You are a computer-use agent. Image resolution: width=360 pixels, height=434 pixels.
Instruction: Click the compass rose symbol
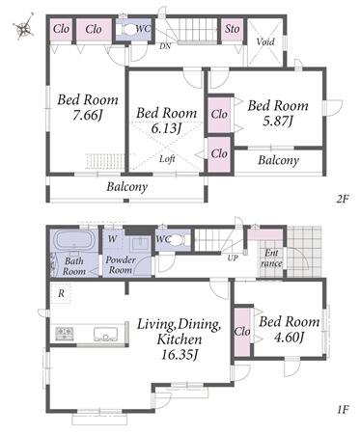tap(24, 26)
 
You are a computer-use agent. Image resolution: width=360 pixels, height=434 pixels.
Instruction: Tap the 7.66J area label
tap(87, 116)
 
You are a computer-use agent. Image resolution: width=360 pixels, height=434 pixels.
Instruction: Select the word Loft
tap(167, 159)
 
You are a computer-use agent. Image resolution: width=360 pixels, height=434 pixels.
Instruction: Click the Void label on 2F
tap(265, 41)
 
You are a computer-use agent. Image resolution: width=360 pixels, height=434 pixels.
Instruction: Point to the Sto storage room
tap(232, 30)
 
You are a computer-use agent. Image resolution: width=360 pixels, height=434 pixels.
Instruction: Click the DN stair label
tap(165, 46)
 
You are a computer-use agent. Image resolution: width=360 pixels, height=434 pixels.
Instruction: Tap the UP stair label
tap(233, 258)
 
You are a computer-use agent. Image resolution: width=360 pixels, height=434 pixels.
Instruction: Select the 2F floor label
tap(343, 199)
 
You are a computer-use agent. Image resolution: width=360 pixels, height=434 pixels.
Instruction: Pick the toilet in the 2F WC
tap(127, 30)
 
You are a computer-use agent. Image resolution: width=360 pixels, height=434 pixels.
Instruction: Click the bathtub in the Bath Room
tap(75, 240)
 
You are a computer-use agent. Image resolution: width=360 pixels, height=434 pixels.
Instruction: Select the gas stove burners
tap(65, 334)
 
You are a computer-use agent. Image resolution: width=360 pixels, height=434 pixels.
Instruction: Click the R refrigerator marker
tap(61, 293)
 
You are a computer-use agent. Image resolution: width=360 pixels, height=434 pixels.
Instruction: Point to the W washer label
tap(112, 239)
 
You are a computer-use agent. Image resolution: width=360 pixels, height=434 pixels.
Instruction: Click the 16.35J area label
tap(180, 355)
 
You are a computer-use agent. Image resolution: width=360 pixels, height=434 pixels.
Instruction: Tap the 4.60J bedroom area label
tap(289, 338)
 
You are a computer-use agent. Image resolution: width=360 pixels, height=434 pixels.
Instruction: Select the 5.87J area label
tap(278, 122)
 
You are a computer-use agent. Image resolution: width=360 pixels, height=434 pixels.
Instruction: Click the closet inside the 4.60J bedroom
tap(242, 332)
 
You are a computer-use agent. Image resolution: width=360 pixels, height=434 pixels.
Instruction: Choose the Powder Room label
tap(121, 264)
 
